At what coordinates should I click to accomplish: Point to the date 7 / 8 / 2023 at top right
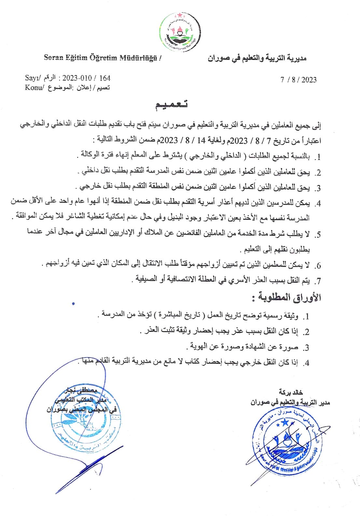pyautogui.click(x=298, y=80)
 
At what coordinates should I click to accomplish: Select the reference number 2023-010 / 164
pyautogui.click(x=86, y=78)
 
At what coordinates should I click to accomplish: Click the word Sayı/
pyautogui.click(x=32, y=78)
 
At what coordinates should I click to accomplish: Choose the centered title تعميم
pyautogui.click(x=172, y=105)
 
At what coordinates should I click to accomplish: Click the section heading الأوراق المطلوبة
pyautogui.click(x=286, y=297)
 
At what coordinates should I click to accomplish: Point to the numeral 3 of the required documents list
pyautogui.click(x=306, y=348)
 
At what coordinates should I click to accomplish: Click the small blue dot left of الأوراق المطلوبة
pyautogui.click(x=74, y=304)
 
